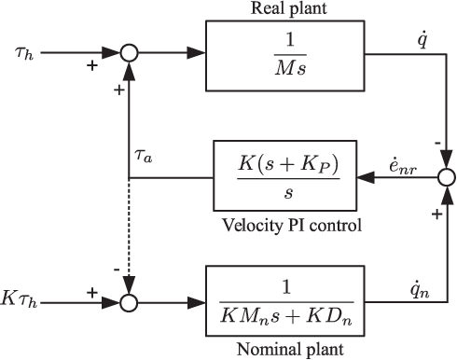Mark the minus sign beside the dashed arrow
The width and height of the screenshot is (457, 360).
pos(115,269)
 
